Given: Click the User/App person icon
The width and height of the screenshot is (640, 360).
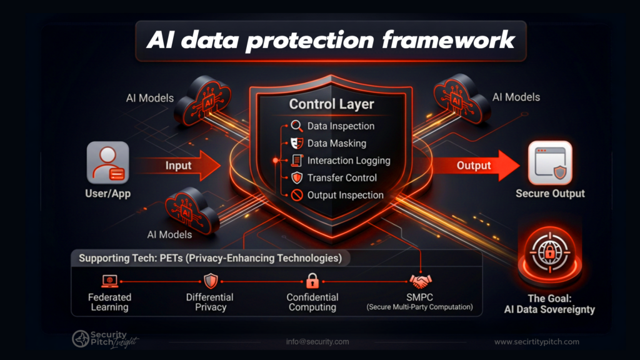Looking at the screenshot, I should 107,162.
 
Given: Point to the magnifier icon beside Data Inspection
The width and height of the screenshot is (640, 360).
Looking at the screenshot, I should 297,126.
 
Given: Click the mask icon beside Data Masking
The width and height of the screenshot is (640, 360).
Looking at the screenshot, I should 297,143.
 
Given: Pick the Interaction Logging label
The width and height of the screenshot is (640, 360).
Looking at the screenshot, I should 349,161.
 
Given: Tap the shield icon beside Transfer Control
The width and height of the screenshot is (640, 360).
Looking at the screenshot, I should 297,178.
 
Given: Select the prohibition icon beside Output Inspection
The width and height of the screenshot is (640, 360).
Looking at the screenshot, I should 297,195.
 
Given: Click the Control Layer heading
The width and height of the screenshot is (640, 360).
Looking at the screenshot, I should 332,104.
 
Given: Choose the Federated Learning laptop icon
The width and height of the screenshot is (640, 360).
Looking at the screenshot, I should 109,281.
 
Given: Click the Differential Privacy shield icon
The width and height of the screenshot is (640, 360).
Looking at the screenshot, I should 209,281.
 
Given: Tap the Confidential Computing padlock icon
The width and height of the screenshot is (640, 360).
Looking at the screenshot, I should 312,280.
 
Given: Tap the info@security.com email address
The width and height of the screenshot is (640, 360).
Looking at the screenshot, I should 317,342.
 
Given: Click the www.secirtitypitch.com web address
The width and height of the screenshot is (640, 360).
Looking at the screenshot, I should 536,342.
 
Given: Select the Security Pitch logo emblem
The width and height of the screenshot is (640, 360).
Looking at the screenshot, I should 81,339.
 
